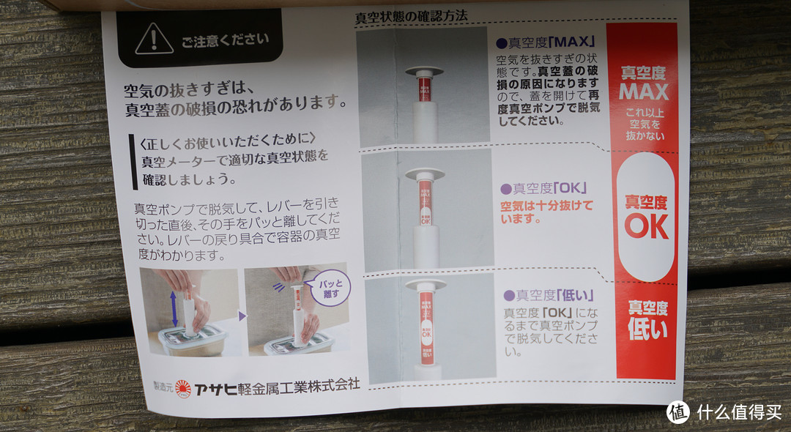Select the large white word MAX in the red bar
coord(643,92)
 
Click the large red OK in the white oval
coord(646,226)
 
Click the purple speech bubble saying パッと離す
coord(330,286)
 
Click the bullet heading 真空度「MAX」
coord(545,42)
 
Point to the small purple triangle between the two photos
coord(242,317)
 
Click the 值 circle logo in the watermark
coord(677,411)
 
